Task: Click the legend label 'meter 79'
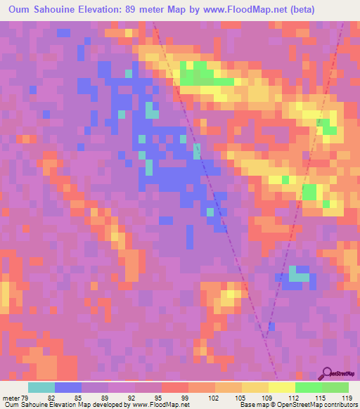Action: pos(14,397)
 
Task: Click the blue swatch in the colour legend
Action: pos(68,387)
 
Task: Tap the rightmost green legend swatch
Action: pos(335,387)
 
